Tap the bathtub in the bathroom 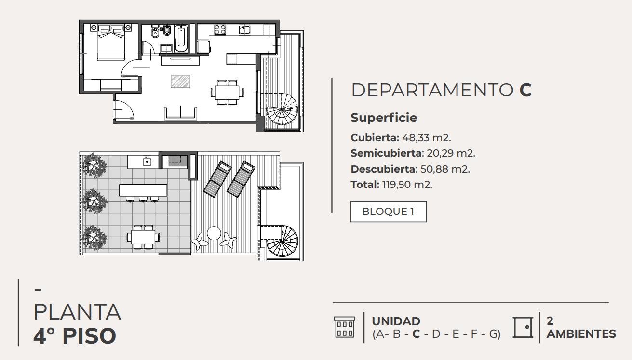[x=181, y=39]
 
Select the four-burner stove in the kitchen [x=220, y=29]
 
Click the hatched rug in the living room [x=180, y=81]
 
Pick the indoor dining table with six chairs [x=228, y=92]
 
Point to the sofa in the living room [x=181, y=114]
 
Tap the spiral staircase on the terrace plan [x=282, y=240]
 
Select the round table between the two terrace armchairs [x=214, y=233]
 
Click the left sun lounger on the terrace [x=217, y=179]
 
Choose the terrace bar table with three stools [x=143, y=193]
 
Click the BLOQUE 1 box [x=389, y=212]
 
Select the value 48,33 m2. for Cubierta [x=426, y=138]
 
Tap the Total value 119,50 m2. [x=407, y=185]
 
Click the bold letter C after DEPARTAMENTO [x=525, y=90]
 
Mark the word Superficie [x=384, y=118]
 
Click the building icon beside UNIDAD [x=345, y=327]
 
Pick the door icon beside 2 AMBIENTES [x=523, y=327]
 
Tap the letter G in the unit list [x=494, y=334]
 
